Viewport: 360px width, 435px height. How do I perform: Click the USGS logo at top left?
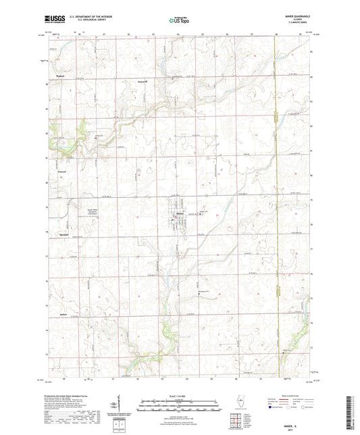pos(54,20)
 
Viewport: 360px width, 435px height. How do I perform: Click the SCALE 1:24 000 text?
pos(180,396)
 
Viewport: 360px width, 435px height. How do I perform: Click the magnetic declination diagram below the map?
pos(120,409)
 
